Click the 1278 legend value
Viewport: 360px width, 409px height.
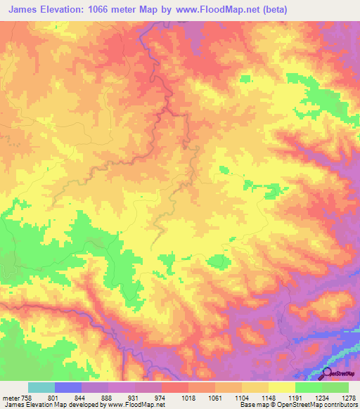[347, 397]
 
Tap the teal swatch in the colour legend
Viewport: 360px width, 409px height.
[41, 387]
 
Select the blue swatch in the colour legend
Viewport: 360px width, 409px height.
[67, 387]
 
